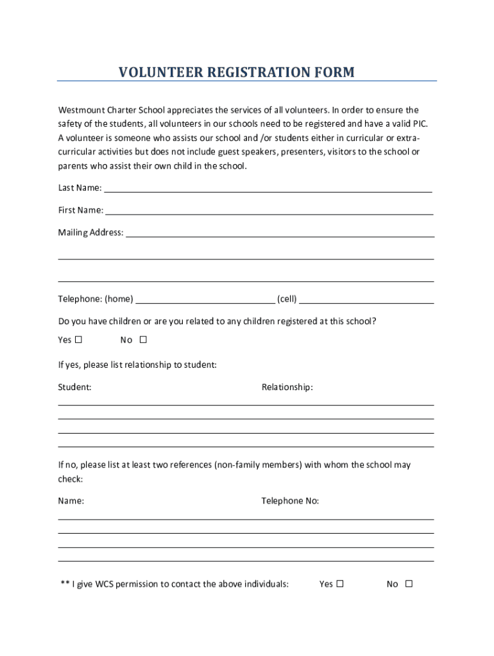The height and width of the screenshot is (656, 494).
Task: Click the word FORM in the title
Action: tap(334, 72)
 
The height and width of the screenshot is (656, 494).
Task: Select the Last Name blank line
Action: tap(268, 190)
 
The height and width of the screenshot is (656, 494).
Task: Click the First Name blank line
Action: tap(269, 213)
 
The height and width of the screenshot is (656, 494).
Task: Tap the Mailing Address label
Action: tap(90, 233)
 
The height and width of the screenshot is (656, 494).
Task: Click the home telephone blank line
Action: tap(205, 301)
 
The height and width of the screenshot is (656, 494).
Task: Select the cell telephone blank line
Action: tap(366, 301)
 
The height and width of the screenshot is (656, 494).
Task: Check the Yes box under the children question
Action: tap(79, 340)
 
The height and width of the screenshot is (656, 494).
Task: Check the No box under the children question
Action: tap(143, 340)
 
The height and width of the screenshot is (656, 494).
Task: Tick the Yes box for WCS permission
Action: tap(340, 584)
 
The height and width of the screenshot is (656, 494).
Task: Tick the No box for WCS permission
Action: tap(409, 584)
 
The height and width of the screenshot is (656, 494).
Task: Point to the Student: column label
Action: tap(74, 387)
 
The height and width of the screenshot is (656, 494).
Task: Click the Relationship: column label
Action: tap(287, 387)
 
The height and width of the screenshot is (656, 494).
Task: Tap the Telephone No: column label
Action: tap(290, 501)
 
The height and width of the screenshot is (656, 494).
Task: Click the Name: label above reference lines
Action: tap(71, 501)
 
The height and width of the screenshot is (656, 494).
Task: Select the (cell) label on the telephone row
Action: tap(287, 299)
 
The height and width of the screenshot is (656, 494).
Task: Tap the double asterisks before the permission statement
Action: tap(65, 584)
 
